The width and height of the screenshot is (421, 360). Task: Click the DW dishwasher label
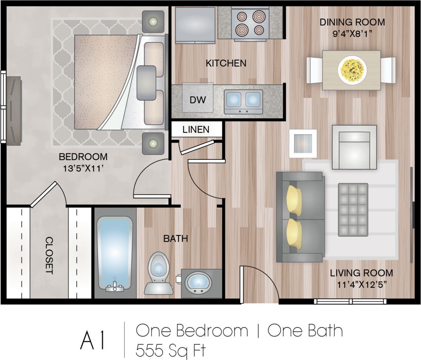(x=197, y=100)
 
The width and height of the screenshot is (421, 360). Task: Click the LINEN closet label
(x=196, y=130)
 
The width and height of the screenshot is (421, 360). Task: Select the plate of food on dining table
(x=352, y=70)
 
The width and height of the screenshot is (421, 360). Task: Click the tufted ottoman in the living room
(x=353, y=210)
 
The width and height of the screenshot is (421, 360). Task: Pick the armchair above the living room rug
(x=354, y=147)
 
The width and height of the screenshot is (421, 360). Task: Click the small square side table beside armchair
(x=302, y=143)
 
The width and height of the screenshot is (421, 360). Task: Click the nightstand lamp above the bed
(x=153, y=21)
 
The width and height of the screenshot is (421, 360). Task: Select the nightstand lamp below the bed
(x=153, y=143)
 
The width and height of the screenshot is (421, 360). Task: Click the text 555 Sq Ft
(x=171, y=350)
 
